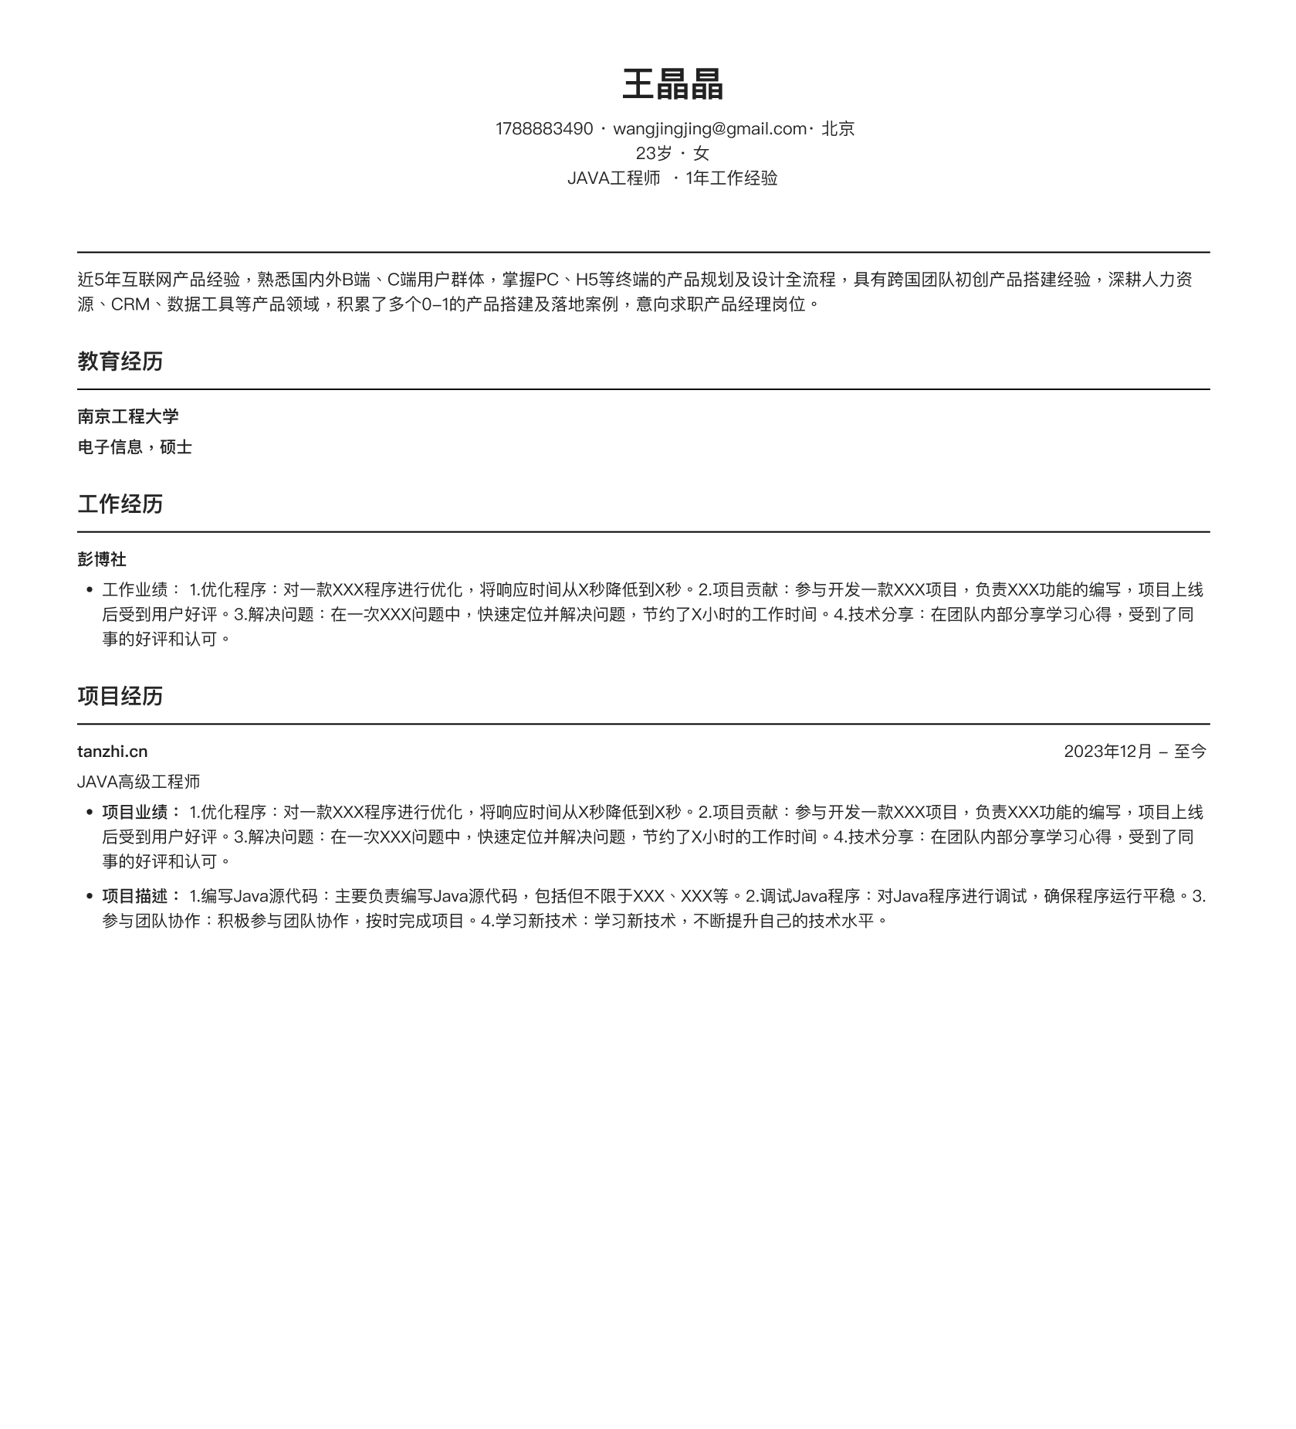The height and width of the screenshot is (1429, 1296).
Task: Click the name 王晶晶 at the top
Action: (672, 84)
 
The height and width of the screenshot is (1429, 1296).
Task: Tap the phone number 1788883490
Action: (543, 129)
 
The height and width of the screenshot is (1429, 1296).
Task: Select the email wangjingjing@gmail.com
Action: (709, 129)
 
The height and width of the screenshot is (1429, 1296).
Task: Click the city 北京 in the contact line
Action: (837, 129)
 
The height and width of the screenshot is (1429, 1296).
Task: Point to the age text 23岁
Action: (653, 154)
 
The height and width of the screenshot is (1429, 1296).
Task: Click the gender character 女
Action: (701, 154)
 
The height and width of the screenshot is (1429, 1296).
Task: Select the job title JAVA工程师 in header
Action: (614, 178)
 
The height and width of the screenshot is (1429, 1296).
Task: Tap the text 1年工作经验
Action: (731, 178)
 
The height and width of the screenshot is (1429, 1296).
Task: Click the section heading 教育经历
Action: (120, 361)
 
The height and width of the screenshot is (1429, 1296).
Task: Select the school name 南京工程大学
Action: (128, 417)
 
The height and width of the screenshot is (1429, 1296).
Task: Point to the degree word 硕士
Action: (176, 448)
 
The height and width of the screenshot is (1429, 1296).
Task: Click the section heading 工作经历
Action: (120, 504)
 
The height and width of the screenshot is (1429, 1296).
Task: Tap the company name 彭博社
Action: (102, 559)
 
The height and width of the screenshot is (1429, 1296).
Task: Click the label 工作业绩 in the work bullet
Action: (135, 590)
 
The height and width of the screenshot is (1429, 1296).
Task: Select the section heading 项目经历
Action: (120, 697)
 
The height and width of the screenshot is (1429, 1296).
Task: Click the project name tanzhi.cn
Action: (112, 752)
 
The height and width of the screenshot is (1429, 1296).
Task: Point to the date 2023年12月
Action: (1107, 752)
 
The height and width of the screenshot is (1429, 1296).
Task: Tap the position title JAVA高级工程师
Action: (139, 782)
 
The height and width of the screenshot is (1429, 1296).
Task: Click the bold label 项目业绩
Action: (135, 813)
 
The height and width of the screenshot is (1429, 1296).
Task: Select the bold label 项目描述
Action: (135, 897)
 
